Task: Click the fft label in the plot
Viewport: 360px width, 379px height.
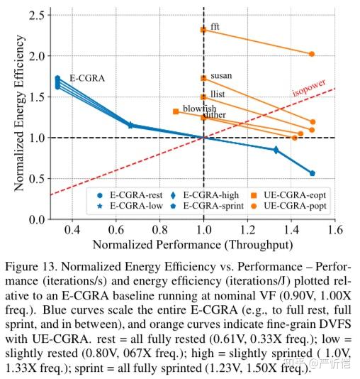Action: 215,26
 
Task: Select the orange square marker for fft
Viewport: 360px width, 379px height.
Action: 203,30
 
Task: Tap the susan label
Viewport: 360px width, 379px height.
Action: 221,75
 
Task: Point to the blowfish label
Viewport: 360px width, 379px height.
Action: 199,108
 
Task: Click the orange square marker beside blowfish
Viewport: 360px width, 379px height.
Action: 176,111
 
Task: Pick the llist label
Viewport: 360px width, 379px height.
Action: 218,92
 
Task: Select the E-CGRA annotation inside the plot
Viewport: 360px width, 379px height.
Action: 86,78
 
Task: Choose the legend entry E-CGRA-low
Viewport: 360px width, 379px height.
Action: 121,206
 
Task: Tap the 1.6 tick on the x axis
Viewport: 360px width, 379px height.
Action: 334,230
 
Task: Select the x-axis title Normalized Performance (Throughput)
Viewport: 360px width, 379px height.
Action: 192,244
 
